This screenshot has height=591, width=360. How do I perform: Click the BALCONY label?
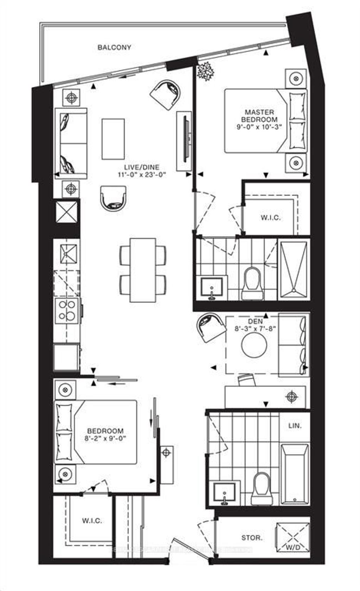pyautogui.click(x=114, y=47)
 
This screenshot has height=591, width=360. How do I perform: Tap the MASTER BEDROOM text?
pyautogui.click(x=259, y=116)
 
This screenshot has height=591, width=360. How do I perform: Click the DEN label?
pyautogui.click(x=262, y=322)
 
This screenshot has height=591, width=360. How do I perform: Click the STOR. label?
pyautogui.click(x=252, y=538)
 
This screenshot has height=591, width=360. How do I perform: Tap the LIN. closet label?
pyautogui.click(x=295, y=425)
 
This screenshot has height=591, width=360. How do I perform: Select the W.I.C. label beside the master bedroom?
pyautogui.click(x=271, y=218)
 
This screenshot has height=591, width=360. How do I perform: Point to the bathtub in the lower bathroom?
pyautogui.click(x=295, y=474)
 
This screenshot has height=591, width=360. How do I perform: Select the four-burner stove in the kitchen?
pyautogui.click(x=67, y=310)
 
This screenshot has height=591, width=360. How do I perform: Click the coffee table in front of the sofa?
pyautogui.click(x=113, y=139)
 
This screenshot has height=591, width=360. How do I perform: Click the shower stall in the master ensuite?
pyautogui.click(x=293, y=270)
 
